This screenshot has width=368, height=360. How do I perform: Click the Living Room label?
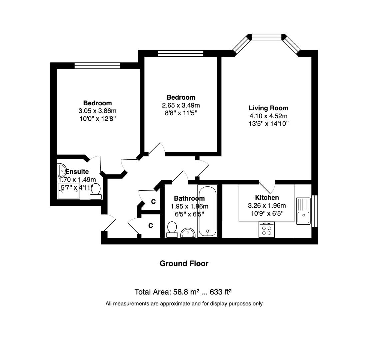point(268,108)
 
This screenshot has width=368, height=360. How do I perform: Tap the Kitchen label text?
point(267,198)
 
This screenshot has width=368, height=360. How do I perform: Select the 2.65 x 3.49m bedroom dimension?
point(181,105)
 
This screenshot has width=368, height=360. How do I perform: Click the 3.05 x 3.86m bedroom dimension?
point(97,111)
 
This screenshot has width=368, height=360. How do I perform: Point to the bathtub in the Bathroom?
point(207,211)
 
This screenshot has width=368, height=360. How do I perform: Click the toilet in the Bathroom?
point(172,229)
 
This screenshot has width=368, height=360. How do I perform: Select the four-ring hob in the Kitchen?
point(266,230)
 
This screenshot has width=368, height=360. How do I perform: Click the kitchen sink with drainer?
point(303,211)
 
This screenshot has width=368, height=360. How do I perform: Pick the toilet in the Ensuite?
point(96,191)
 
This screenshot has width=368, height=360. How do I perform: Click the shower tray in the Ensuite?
point(69,191)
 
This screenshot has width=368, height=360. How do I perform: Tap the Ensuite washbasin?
point(61,170)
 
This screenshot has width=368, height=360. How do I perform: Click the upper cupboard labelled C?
point(153,202)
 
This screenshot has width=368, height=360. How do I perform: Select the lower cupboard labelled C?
point(151,226)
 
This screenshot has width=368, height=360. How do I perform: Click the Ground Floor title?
point(184,264)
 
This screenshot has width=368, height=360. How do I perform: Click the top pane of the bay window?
point(268,37)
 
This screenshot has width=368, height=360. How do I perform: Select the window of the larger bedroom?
point(97,66)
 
